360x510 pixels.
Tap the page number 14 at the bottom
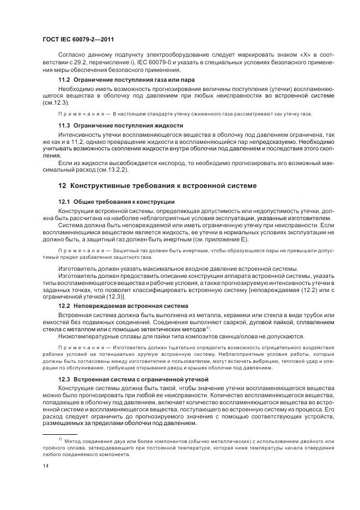[x=46, y=465]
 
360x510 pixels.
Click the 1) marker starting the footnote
[x=60, y=439]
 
